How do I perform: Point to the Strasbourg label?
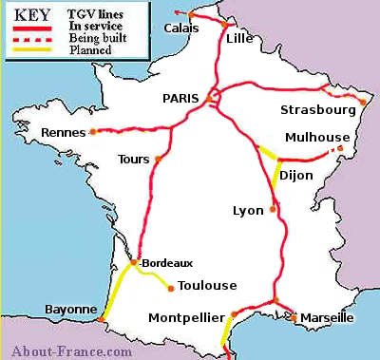(317, 110)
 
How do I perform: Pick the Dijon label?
(297, 174)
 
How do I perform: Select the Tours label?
(134, 159)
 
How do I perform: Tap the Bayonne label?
(70, 310)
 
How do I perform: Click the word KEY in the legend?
(33, 16)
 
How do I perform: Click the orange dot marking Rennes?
(93, 132)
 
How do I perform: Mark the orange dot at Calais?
(190, 15)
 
